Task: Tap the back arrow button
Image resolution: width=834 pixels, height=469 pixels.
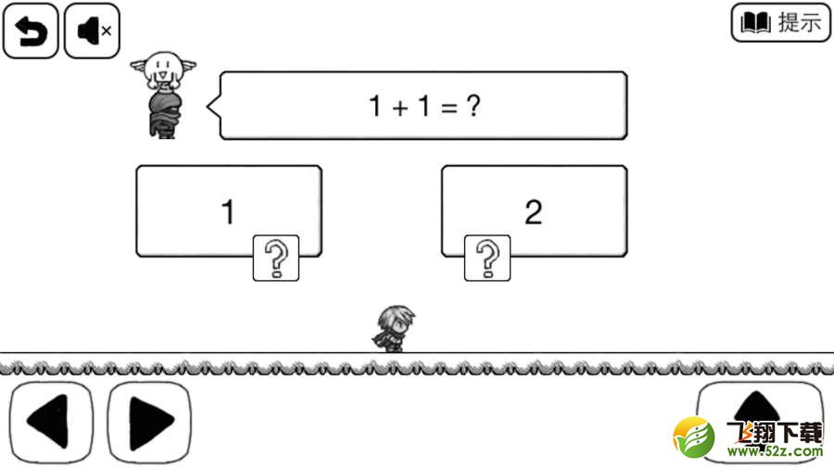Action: coord(31,31)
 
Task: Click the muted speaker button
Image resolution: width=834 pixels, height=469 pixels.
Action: coord(92,31)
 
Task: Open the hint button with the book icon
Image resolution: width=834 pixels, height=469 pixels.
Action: coord(781,22)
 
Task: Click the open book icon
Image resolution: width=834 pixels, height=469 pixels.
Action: coord(755,23)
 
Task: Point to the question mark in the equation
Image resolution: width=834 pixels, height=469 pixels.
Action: coord(474,106)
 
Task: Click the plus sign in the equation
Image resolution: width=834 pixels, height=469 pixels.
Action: coord(400,108)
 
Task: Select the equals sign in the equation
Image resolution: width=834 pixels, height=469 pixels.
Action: coord(449,108)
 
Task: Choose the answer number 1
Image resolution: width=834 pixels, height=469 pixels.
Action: coord(228,211)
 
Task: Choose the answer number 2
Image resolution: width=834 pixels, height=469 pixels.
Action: coord(534,211)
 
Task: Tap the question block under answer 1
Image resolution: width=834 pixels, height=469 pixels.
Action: coord(276,258)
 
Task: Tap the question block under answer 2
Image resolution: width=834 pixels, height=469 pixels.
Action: coord(487,258)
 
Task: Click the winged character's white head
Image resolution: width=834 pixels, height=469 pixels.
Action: coord(163,69)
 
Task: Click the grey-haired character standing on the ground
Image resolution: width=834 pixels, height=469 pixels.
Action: coord(394,329)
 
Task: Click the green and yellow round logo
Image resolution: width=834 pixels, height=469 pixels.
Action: coord(694,437)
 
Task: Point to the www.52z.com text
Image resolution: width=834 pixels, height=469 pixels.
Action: coord(775,451)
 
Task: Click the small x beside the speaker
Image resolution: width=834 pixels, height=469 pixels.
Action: coord(107,31)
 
